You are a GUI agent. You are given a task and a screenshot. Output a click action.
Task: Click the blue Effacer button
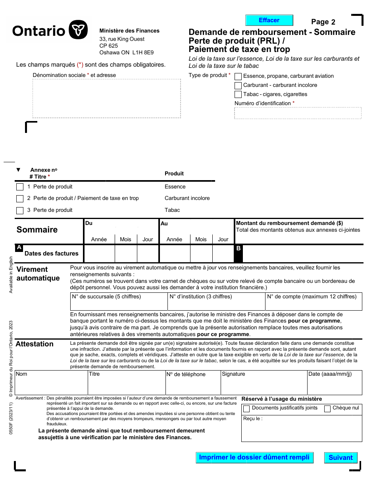(269, 20)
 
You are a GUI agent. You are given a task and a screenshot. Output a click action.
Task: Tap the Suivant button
(340, 457)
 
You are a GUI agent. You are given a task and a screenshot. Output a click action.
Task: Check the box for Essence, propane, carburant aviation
(238, 76)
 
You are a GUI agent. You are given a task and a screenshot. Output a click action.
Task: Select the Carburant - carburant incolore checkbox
(238, 85)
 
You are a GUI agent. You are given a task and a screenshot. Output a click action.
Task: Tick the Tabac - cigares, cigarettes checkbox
(238, 94)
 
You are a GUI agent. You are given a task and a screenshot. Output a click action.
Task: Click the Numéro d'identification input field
(298, 113)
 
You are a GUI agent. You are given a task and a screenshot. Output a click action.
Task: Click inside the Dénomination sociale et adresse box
(106, 98)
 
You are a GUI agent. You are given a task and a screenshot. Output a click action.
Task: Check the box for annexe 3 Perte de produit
(20, 210)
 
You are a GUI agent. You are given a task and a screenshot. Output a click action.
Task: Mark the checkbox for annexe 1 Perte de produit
(20, 187)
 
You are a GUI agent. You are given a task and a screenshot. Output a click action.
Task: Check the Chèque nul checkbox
(327, 409)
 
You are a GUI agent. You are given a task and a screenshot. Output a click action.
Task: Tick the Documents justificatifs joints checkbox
(246, 409)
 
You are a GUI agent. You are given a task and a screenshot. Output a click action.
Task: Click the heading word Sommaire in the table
(37, 230)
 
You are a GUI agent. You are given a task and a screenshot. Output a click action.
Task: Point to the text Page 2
(323, 22)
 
